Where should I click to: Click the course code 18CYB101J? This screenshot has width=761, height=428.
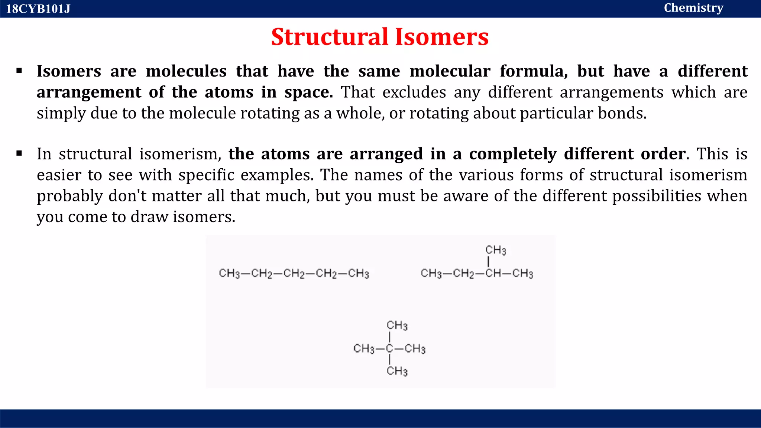tap(38, 9)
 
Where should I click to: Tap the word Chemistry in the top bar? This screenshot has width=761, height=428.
tap(693, 8)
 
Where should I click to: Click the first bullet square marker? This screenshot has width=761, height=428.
tap(19, 71)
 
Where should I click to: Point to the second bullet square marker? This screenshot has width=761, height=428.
tap(19, 153)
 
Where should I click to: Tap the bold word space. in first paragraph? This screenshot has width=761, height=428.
tap(308, 92)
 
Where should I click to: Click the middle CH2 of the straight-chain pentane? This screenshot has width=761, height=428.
tap(294, 274)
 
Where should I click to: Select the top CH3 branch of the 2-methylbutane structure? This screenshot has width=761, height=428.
tap(496, 250)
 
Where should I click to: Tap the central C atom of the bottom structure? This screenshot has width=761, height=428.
tap(389, 348)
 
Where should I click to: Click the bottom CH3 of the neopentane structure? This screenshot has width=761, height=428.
tap(397, 371)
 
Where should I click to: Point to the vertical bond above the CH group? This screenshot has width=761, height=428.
tap(488, 262)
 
